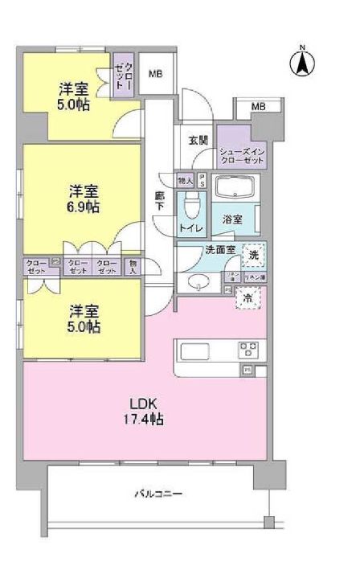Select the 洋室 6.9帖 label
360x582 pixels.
click(83, 199)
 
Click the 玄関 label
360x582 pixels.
click(198, 140)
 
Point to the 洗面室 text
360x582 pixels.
click(219, 250)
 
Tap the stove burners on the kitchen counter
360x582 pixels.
click(247, 350)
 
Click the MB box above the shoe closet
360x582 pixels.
click(258, 107)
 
